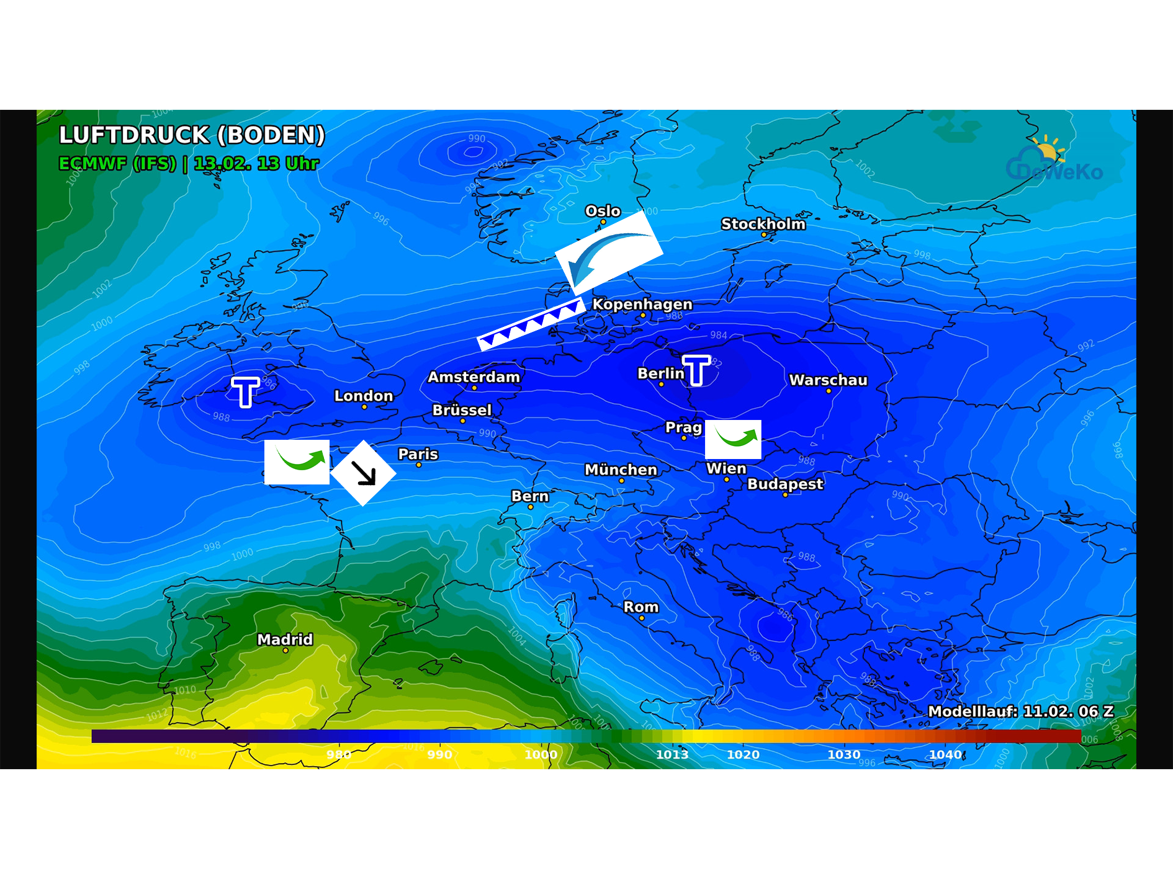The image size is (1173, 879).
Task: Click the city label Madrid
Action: (x=285, y=640)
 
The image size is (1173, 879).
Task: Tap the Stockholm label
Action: (x=763, y=224)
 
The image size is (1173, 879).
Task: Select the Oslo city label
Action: (x=603, y=211)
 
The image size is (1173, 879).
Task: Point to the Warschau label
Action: (x=828, y=380)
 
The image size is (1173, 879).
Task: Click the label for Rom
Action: (x=640, y=607)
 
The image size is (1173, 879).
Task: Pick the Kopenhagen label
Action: (x=642, y=305)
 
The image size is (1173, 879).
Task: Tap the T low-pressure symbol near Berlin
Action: (x=696, y=370)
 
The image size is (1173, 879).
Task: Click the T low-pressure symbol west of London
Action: (x=246, y=391)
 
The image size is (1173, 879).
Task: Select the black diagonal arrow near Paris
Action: (x=364, y=473)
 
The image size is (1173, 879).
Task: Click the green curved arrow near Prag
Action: (x=734, y=439)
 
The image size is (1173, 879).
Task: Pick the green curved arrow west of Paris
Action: (x=297, y=462)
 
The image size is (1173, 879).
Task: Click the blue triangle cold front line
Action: (x=531, y=324)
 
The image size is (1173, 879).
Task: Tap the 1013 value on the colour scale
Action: (x=672, y=754)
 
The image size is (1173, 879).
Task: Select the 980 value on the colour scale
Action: (x=339, y=754)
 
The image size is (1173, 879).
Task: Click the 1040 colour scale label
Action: (x=945, y=754)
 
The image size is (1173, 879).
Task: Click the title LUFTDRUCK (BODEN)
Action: (x=192, y=135)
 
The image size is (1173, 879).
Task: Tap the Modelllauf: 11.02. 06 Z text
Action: (x=1020, y=712)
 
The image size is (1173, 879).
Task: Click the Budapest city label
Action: (x=785, y=484)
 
